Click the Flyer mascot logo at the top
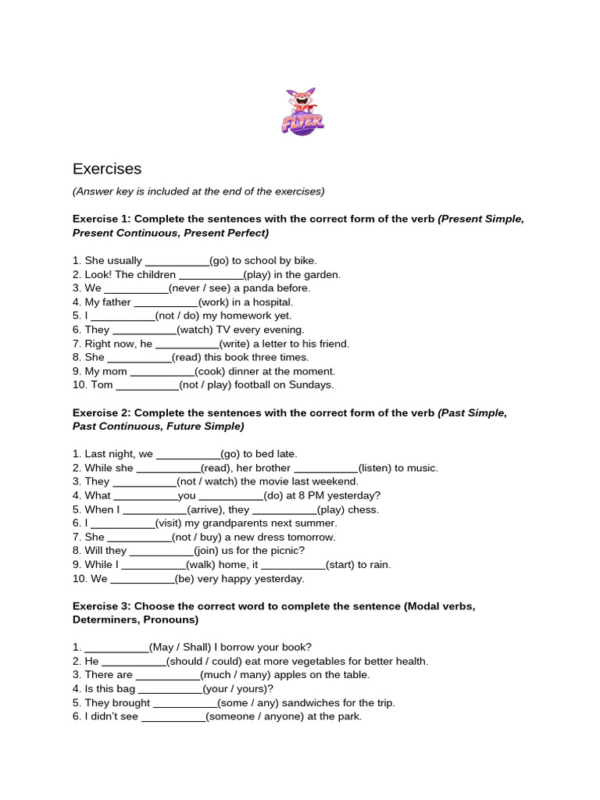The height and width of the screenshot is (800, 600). [x=302, y=112]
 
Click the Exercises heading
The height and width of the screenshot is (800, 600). [x=107, y=169]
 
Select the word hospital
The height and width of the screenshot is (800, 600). [x=271, y=302]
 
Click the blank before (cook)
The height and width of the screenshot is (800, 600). [x=162, y=371]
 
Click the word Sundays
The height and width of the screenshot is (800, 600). [x=312, y=385]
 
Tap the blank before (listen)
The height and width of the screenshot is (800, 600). [x=326, y=468]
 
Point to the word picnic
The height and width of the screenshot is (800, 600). [x=284, y=551]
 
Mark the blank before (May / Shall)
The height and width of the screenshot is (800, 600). [x=116, y=647]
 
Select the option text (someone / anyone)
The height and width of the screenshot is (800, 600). [x=253, y=716]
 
